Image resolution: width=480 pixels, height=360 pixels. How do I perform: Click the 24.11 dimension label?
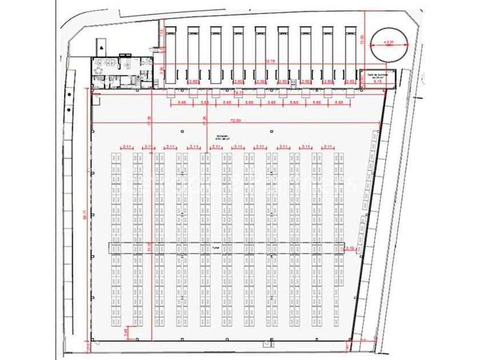pos(238,92)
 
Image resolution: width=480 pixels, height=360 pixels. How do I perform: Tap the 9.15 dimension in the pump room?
pos(378,82)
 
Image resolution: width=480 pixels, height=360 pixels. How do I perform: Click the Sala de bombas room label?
pos(378,75)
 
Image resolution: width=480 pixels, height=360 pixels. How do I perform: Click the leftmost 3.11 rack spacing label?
pos(127,147)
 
